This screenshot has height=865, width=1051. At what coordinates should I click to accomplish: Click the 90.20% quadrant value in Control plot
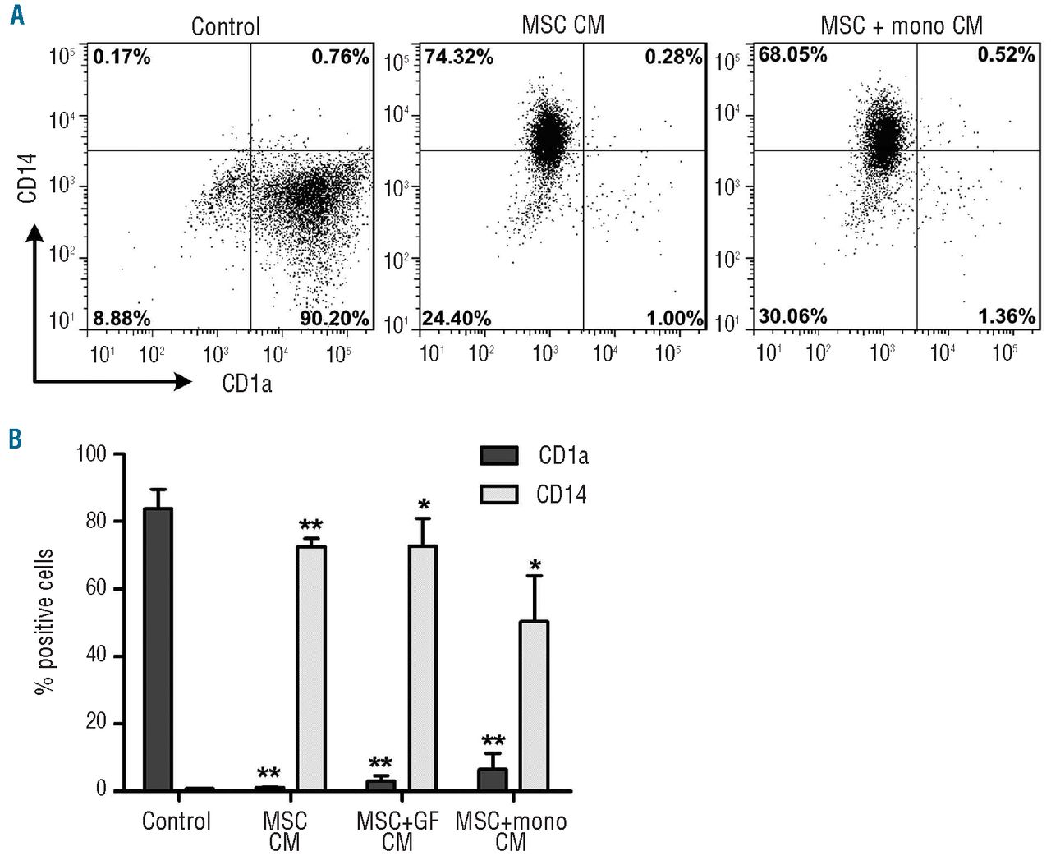tap(334, 318)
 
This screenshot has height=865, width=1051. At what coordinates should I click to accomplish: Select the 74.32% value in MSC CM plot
tap(458, 57)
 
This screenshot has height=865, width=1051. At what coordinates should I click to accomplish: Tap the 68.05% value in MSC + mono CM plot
tap(792, 55)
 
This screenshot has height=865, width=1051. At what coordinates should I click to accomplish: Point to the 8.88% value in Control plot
tap(122, 318)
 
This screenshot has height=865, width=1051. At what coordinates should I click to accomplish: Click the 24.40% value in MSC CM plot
tap(457, 318)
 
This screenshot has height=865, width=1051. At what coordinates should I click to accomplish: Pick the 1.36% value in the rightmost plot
tap(1006, 316)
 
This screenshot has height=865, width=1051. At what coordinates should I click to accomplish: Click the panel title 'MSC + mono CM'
tap(902, 25)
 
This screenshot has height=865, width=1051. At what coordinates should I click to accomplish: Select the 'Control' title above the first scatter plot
tap(225, 26)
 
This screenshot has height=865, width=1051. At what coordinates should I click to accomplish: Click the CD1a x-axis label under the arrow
tap(246, 383)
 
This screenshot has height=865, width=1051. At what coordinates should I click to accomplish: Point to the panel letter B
tap(15, 439)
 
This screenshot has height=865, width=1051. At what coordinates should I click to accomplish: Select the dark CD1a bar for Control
tap(158, 649)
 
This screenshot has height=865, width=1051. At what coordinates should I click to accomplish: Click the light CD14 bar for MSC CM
tap(311, 668)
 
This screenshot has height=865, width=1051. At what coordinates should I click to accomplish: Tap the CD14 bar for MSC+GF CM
tap(423, 667)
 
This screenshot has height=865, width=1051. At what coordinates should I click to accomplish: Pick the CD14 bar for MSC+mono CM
tap(534, 706)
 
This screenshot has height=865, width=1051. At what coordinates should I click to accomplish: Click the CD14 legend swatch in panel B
tap(498, 494)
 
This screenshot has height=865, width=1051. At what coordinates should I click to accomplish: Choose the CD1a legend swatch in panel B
tap(498, 455)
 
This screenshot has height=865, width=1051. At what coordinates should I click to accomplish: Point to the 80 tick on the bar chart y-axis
tap(96, 521)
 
